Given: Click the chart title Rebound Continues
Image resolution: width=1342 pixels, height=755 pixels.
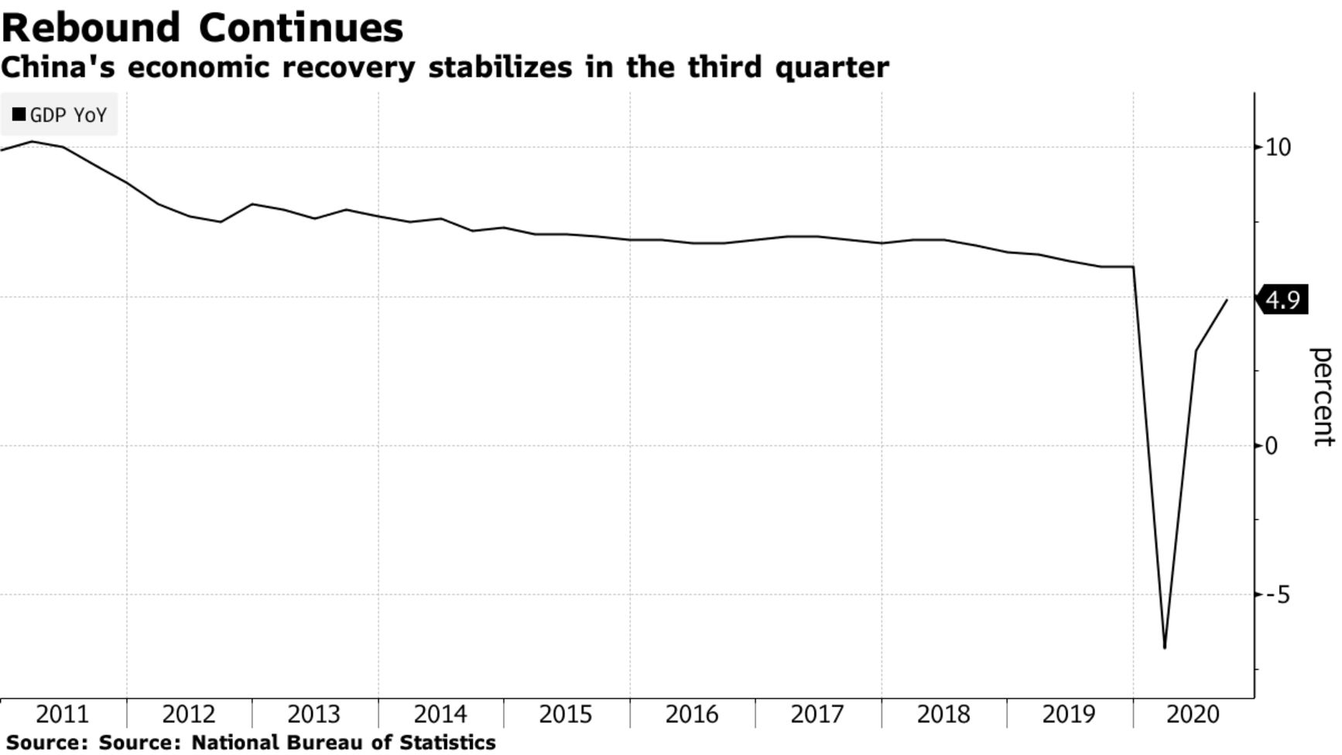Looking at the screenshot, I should pyautogui.click(x=203, y=28).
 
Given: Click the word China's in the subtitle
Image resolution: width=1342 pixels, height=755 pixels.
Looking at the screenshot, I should pyautogui.click(x=57, y=67).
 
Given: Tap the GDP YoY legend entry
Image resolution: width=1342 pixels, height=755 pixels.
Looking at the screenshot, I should pyautogui.click(x=60, y=115).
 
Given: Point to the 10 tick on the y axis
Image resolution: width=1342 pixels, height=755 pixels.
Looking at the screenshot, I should pyautogui.click(x=1278, y=147).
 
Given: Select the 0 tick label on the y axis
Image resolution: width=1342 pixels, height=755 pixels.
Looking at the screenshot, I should pyautogui.click(x=1272, y=445).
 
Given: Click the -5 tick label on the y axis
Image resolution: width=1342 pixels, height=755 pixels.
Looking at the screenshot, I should pyautogui.click(x=1277, y=595).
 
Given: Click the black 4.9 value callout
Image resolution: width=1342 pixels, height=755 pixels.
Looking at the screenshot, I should pyautogui.click(x=1283, y=300).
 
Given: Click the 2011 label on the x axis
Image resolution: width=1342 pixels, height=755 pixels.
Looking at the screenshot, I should pyautogui.click(x=63, y=714).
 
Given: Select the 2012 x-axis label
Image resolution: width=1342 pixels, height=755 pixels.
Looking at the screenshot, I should pyautogui.click(x=189, y=714).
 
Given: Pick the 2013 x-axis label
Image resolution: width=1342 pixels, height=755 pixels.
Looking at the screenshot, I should pyautogui.click(x=314, y=714).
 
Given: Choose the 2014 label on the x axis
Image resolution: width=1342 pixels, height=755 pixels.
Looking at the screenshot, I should pyautogui.click(x=440, y=714).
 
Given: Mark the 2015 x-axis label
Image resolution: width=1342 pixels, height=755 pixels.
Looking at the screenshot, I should pyautogui.click(x=566, y=714).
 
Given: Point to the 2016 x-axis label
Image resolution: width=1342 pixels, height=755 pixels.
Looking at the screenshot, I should pyautogui.click(x=692, y=714).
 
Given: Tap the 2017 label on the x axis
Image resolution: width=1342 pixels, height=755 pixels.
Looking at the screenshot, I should pyautogui.click(x=817, y=714).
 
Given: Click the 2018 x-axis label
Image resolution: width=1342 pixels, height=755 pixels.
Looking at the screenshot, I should pyautogui.click(x=943, y=714).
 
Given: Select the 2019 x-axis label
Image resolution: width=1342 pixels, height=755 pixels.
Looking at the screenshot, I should pyautogui.click(x=1069, y=714).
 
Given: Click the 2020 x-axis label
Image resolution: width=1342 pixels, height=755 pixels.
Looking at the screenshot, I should pyautogui.click(x=1193, y=714).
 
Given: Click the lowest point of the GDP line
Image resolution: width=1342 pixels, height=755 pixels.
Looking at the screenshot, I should pyautogui.click(x=1165, y=647).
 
